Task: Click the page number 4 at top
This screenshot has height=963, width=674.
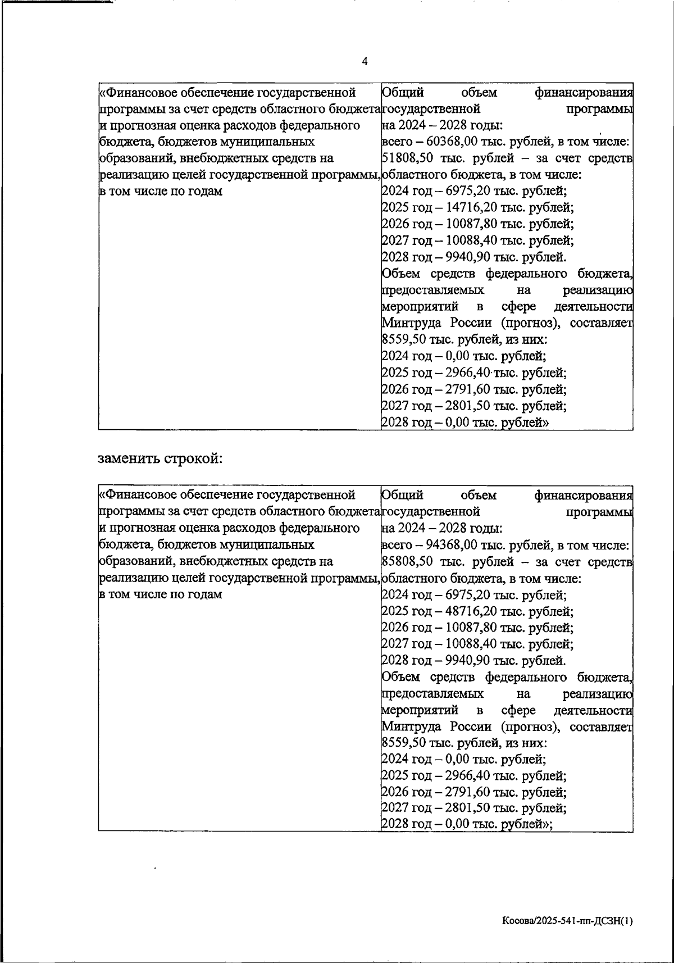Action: [365, 62]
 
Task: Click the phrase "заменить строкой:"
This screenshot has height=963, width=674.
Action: [161, 458]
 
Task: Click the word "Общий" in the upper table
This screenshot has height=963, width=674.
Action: [402, 92]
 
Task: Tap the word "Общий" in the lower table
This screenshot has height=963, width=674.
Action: [402, 495]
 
